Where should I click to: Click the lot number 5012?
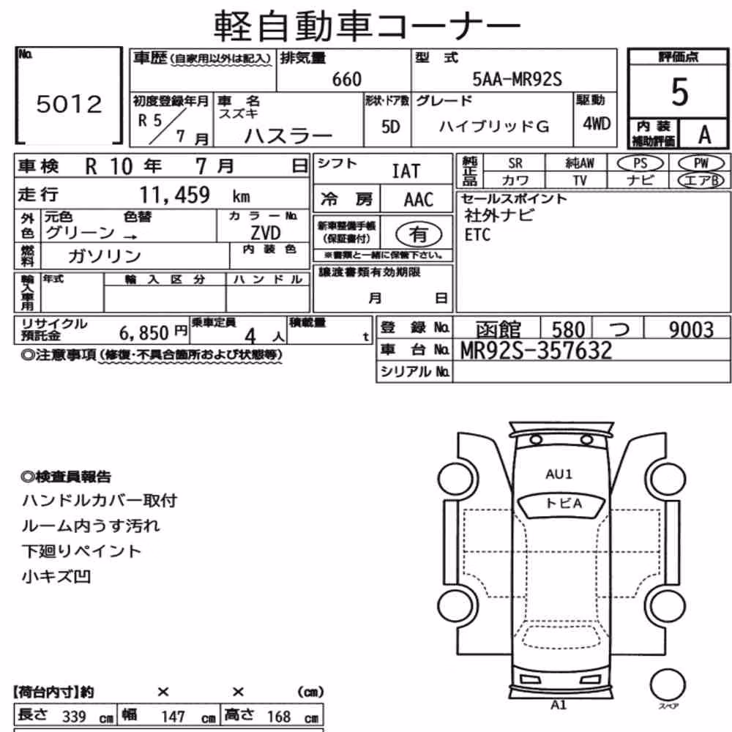tap(69, 104)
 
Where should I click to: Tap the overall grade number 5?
tap(680, 92)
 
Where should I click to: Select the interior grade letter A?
tap(704, 135)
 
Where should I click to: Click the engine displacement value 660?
tap(347, 79)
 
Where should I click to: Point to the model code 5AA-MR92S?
tap(518, 79)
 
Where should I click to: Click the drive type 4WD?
tap(597, 123)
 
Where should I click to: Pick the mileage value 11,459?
tap(175, 195)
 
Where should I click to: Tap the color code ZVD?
tap(265, 233)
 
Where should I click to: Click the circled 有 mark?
tap(419, 234)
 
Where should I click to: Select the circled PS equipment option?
tap(640, 163)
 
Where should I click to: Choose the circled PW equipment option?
tap(701, 163)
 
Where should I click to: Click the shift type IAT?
tap(406, 171)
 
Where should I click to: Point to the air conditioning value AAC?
tap(419, 200)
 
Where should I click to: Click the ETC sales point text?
tap(477, 235)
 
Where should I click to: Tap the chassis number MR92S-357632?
tap(536, 351)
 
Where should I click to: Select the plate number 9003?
tap(692, 329)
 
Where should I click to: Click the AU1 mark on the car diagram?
tap(559, 474)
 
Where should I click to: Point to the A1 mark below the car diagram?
tap(559, 704)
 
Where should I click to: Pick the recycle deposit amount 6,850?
tap(143, 333)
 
